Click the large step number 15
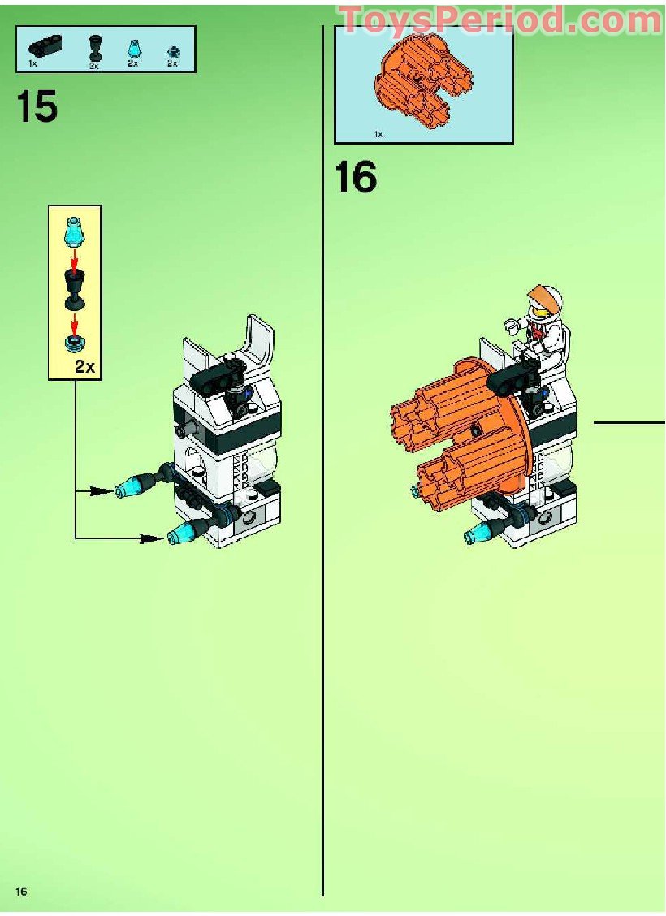pos(37,106)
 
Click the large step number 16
pos(356,177)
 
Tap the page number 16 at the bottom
pos(20,892)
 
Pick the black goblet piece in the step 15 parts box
pos(95,48)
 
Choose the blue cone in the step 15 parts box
pos(132,48)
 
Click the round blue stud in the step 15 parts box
pos(172,50)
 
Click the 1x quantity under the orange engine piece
pos(378,134)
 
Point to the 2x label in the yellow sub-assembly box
pos(85,367)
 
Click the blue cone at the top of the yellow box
pos(74,231)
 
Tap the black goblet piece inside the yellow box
pos(75,288)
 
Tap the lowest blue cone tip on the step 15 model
pos(177,534)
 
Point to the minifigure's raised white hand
pos(512,326)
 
